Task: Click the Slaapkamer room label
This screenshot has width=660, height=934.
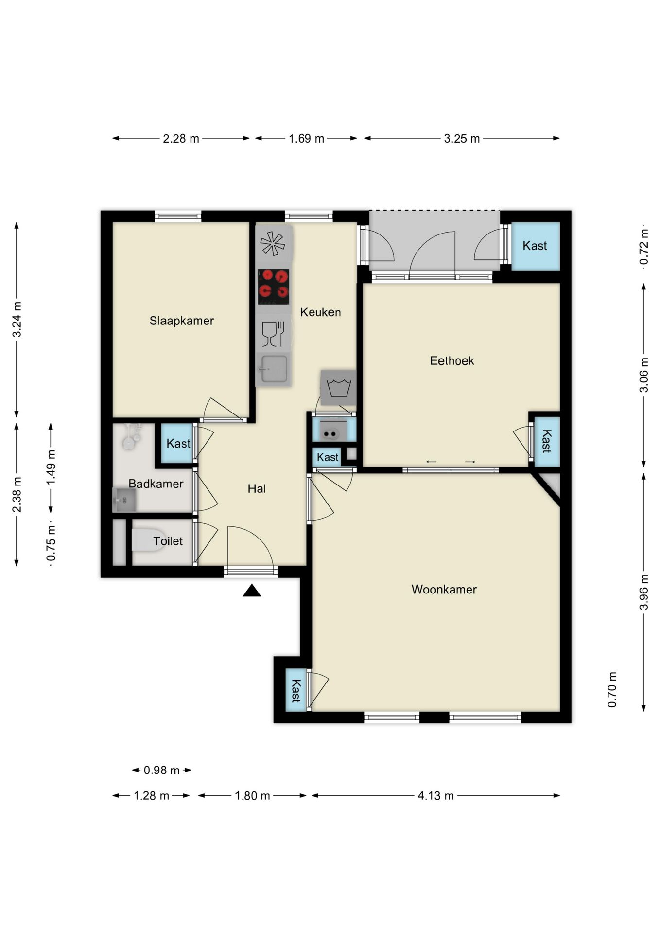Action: point(182,321)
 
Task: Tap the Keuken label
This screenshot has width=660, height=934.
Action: point(320,312)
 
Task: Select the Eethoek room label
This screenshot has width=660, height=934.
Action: point(452,361)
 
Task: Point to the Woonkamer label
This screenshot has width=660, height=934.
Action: point(444,590)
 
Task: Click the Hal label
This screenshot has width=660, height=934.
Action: point(257,489)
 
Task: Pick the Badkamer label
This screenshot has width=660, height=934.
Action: point(156,484)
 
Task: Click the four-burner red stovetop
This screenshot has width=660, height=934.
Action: point(273,287)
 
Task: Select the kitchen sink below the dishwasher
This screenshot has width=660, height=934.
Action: point(274,369)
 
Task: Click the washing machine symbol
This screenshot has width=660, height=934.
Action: point(338,388)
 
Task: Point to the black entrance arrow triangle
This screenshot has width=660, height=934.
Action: point(252,591)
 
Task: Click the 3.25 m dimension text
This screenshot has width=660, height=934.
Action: point(462,139)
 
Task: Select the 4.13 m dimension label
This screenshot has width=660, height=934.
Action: point(436,796)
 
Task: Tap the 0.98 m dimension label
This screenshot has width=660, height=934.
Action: point(162,771)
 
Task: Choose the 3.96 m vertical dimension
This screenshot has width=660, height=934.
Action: point(643,592)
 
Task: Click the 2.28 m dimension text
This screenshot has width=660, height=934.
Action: point(181,139)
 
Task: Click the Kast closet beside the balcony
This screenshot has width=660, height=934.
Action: point(535,246)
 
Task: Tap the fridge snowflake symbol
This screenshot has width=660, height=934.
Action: point(273,243)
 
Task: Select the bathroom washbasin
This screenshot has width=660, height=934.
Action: point(124,500)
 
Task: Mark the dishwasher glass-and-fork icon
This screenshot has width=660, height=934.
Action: point(273,334)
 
